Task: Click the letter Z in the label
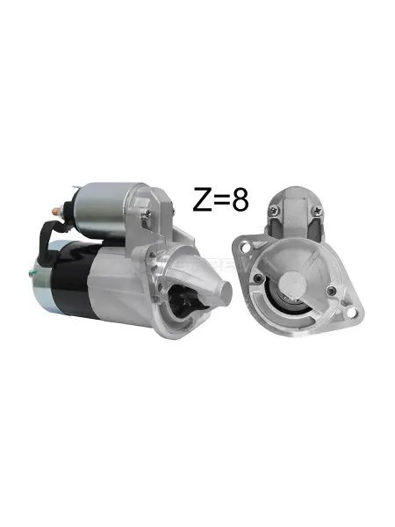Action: [202, 200]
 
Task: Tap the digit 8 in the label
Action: [241, 200]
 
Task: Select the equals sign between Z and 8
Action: [221, 201]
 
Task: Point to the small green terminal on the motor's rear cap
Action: [32, 273]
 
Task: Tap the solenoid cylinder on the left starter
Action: [101, 208]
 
